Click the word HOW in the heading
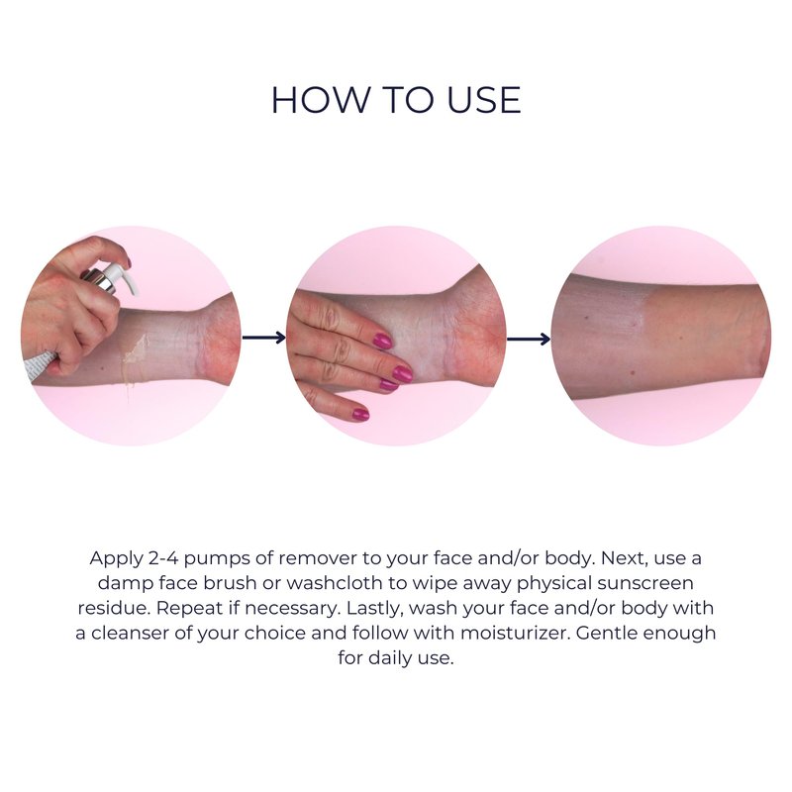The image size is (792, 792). [321, 100]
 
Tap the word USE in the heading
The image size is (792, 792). [483, 100]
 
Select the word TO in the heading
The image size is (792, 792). [408, 100]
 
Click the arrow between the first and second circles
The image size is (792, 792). [264, 337]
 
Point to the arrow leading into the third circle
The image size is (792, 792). [529, 339]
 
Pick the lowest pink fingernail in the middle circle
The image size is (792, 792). [360, 414]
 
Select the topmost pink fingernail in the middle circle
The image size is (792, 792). [382, 341]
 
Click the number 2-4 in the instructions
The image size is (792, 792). [163, 558]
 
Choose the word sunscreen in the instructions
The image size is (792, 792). [645, 583]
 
